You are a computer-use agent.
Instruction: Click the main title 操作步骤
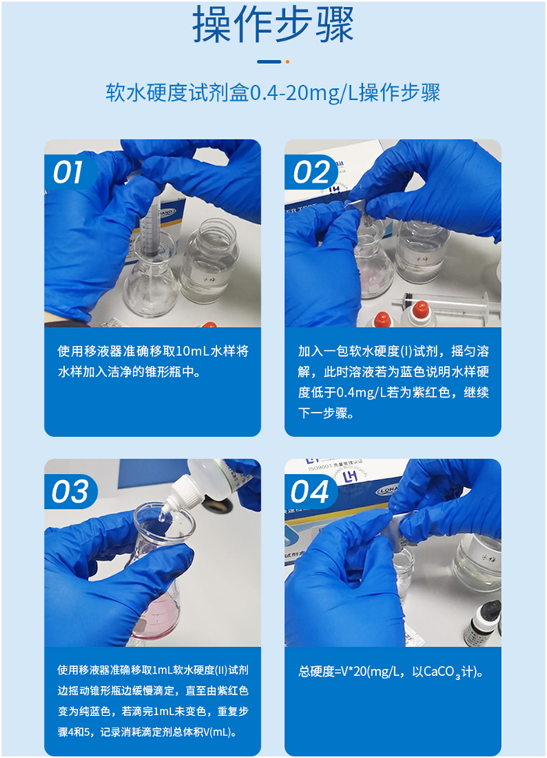(x=273, y=25)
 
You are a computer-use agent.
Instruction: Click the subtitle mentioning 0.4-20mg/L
(x=273, y=93)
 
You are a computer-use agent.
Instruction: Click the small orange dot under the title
(x=287, y=61)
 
